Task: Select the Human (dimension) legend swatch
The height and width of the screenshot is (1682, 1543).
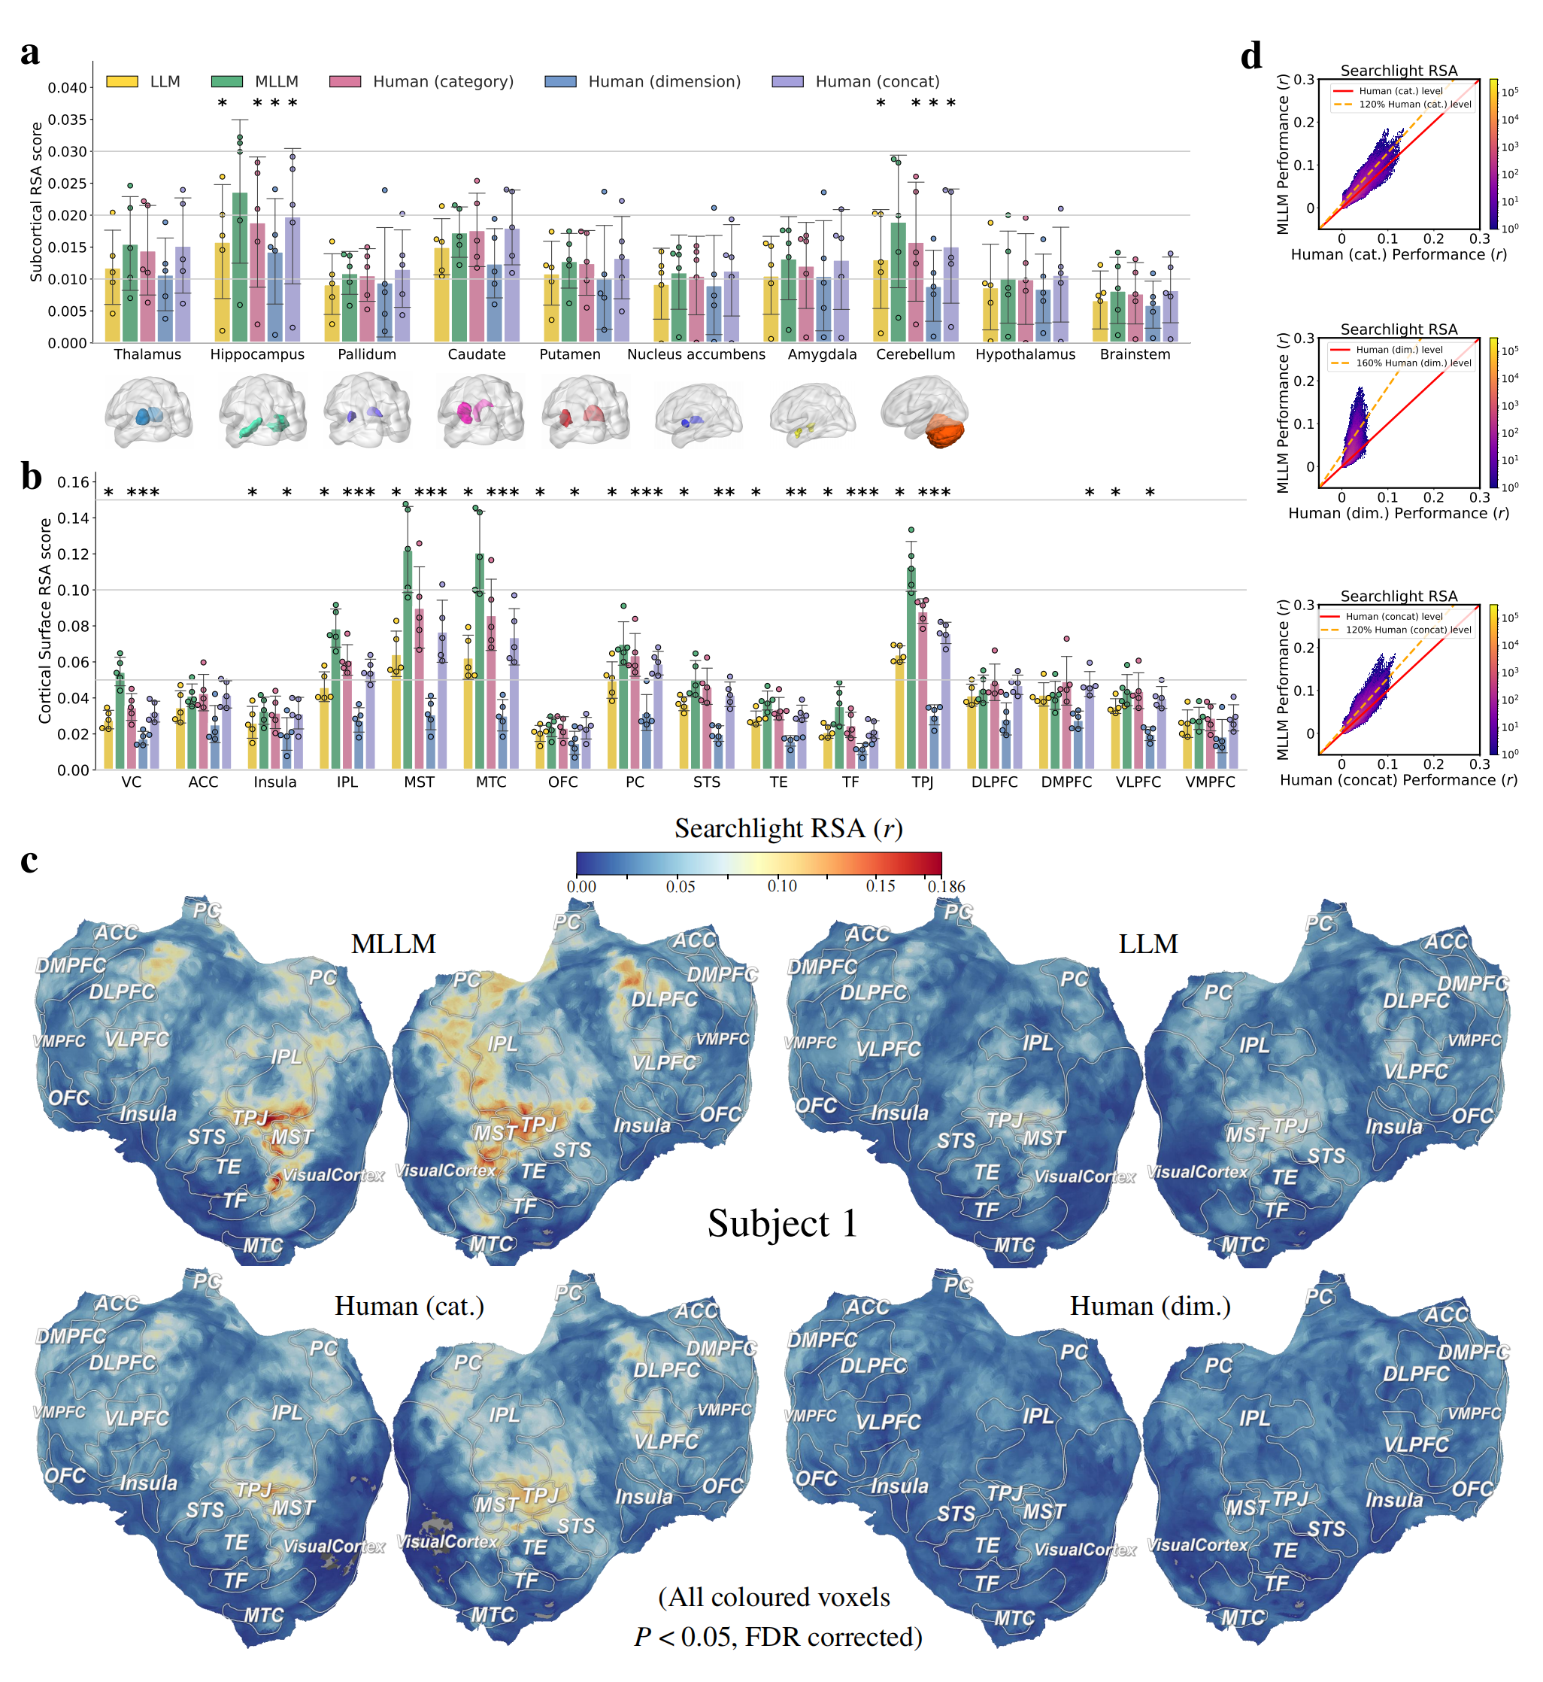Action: [x=560, y=82]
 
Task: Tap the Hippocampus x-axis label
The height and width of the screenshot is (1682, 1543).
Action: [x=257, y=354]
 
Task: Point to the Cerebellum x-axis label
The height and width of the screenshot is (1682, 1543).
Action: [x=915, y=354]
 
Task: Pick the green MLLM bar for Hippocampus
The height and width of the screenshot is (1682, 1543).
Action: [x=240, y=267]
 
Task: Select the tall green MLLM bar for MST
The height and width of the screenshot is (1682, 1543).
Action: [x=408, y=660]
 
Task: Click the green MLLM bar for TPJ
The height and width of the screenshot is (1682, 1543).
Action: [x=911, y=668]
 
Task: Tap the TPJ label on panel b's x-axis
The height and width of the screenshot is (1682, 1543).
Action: [x=922, y=782]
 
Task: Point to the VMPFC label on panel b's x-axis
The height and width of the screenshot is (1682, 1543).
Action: [x=1210, y=782]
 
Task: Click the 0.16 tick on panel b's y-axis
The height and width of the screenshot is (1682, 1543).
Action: [x=73, y=483]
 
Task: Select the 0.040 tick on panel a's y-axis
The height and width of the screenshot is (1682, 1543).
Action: [x=67, y=88]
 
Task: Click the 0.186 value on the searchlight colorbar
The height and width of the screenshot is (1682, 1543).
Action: [x=946, y=886]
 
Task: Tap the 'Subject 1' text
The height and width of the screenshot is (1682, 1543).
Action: [x=782, y=1223]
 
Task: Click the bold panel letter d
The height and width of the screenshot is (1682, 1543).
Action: [x=1250, y=56]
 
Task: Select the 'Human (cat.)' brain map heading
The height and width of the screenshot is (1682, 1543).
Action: [x=409, y=1306]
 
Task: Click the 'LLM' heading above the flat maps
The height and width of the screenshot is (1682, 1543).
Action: [x=1148, y=944]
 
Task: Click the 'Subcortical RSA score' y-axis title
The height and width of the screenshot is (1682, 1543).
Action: [x=36, y=202]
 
